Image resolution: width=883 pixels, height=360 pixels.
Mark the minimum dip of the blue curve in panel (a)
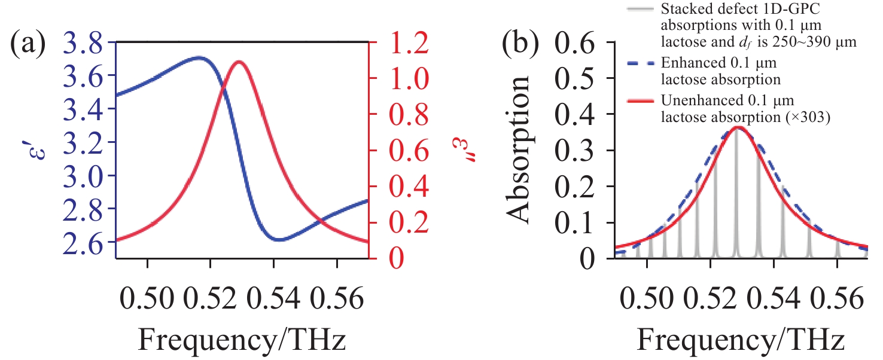tap(279, 239)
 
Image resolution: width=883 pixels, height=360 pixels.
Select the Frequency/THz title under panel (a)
tap(242, 339)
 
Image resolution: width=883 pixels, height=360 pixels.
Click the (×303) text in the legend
tap(812, 117)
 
